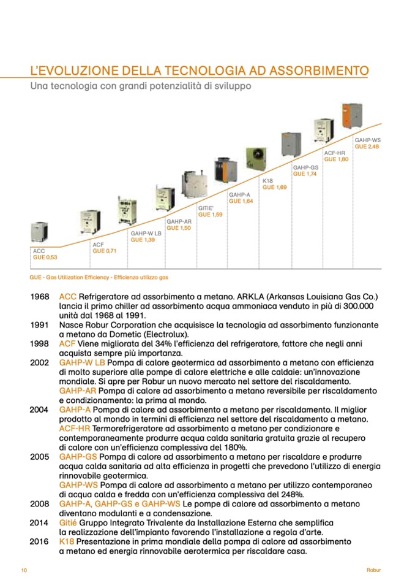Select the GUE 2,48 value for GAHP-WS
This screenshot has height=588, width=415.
[367, 147]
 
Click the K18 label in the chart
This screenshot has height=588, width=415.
[267, 180]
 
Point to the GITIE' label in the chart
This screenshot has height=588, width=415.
[206, 208]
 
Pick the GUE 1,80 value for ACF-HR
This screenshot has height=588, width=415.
[336, 159]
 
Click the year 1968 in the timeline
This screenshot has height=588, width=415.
[39, 296]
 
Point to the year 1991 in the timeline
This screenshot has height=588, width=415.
[39, 325]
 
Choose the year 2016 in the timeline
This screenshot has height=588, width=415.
[39, 542]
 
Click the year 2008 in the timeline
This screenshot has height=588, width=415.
[39, 503]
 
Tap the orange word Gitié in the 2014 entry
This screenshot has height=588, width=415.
[69, 522]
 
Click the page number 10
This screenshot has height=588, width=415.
[24, 570]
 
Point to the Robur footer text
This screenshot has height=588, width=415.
[374, 570]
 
